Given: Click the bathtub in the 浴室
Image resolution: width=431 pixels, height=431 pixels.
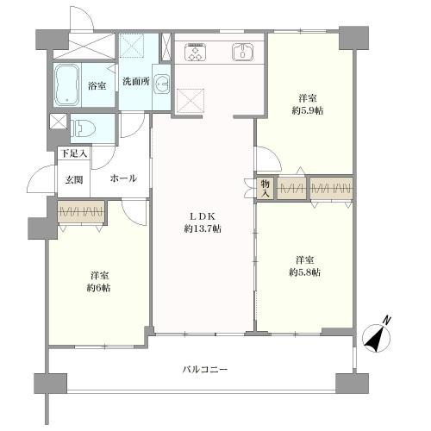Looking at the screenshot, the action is coord(67,85).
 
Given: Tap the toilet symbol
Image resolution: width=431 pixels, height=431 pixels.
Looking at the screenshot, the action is coord(84,128).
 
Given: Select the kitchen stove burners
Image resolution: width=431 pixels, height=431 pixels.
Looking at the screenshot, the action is coord(195,52).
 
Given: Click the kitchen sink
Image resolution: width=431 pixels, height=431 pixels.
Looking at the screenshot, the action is coord(242,52).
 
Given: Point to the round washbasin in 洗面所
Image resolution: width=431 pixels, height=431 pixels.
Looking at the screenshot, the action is coord(161,84).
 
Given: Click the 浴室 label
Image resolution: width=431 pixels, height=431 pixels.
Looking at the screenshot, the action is coord(97,85).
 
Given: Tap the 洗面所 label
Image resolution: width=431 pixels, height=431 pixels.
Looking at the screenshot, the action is coord(136,82).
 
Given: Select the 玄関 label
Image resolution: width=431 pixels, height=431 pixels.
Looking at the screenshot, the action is coord(74,180).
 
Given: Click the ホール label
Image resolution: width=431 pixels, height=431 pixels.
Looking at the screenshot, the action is coord(123,178).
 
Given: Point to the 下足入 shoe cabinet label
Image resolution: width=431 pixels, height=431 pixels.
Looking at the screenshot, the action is coord(74,153).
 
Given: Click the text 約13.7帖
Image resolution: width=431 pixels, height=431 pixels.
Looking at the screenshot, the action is coord(203,228).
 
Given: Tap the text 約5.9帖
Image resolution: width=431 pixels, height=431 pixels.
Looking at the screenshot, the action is coord(308,110).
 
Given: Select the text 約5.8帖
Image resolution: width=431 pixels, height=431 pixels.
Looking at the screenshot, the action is coord(305,272).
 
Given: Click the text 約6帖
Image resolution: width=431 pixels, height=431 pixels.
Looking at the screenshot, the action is coord(99,288).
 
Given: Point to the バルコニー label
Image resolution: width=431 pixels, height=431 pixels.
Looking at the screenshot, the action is coord(205,369).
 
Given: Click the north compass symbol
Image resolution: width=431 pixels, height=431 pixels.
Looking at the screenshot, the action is coord(377,338).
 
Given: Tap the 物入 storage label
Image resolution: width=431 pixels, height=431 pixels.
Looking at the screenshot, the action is coord(265,188).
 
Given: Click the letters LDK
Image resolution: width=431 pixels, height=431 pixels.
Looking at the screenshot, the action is coord(203,215).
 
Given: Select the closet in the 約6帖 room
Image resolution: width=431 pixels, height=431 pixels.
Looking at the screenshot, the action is coord(81,213).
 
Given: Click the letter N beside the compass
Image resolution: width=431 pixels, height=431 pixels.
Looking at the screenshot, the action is coord(388,321).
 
